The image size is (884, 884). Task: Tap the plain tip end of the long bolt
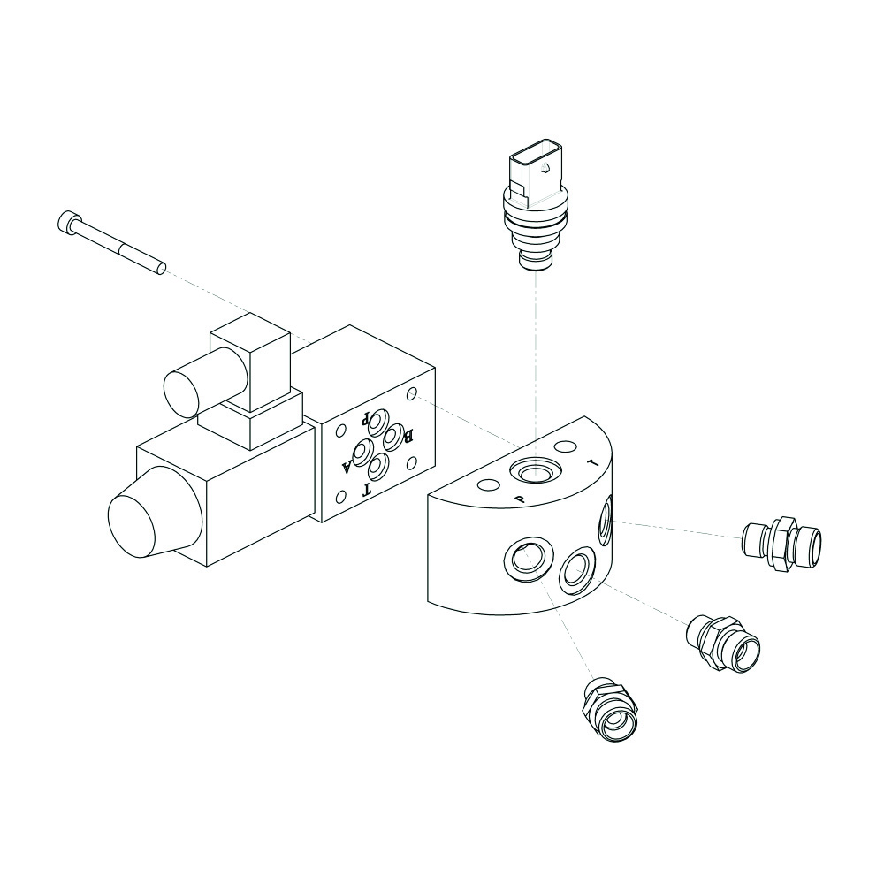pos(161,269)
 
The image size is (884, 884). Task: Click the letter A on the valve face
pos(347,466)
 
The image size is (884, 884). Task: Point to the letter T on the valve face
pos(367,490)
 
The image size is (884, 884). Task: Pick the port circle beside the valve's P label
pos(377,420)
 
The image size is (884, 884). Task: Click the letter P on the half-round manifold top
pos(521,499)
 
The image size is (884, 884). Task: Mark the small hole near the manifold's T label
pos(565,446)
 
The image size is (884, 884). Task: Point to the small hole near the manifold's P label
pos(488,484)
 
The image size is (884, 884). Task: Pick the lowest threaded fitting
pos(611,711)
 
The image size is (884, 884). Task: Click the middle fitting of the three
pos(723,644)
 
